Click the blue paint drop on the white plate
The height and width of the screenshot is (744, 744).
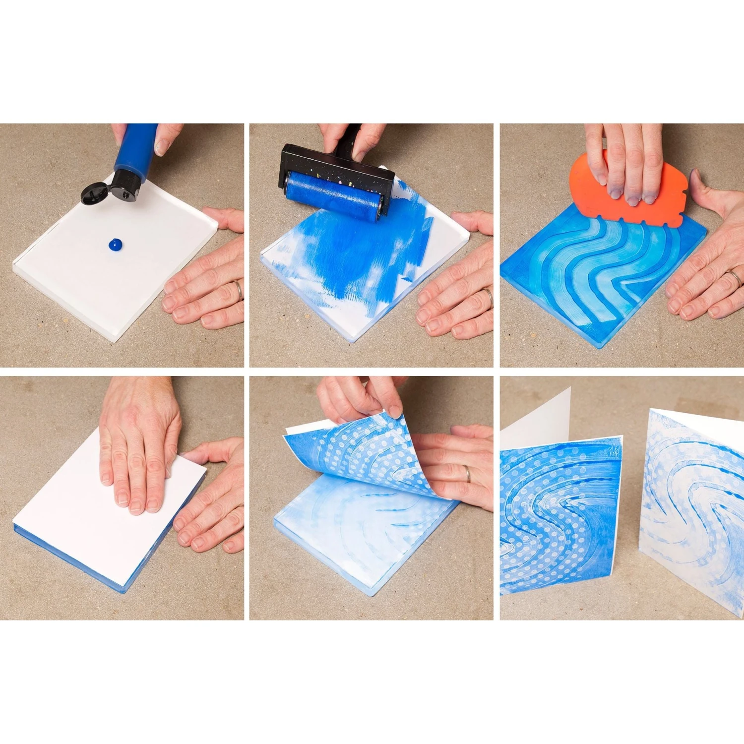point(115,244)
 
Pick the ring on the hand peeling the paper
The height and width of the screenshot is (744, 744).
point(468,474)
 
